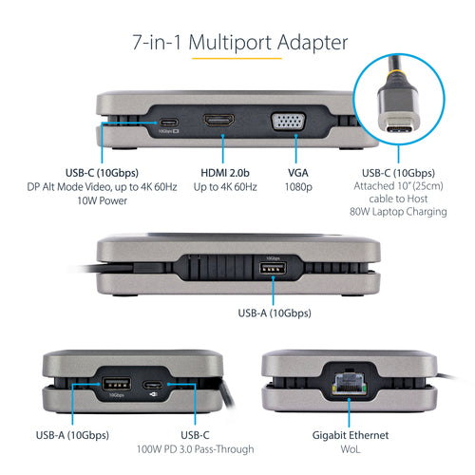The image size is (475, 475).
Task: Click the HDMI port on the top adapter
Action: [222, 123]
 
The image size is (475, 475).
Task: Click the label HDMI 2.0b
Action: [224, 173]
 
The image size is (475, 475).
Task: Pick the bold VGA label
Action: [298, 173]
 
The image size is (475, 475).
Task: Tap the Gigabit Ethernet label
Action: [350, 435]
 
